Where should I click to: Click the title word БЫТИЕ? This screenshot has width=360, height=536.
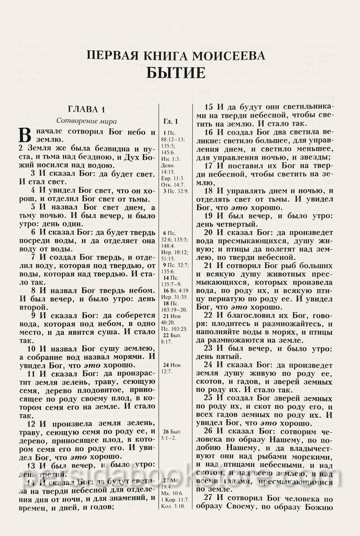[x=179, y=73]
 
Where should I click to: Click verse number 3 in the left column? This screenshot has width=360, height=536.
[x=33, y=173]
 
